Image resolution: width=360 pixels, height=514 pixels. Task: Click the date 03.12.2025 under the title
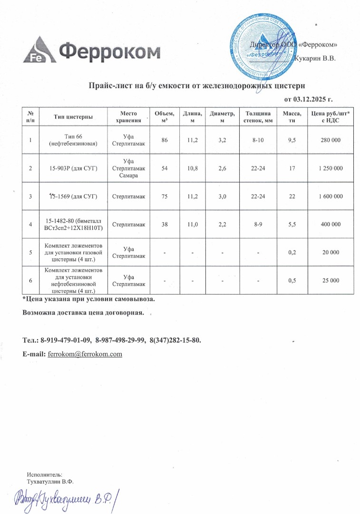(x=308, y=99)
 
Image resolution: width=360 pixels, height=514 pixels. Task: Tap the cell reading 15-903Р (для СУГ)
(x=73, y=168)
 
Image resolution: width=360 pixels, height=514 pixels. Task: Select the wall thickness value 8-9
(x=258, y=224)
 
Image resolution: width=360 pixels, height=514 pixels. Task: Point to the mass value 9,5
(x=292, y=140)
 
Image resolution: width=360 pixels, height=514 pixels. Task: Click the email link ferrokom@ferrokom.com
(x=86, y=354)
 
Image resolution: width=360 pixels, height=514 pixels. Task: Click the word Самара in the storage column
(x=128, y=176)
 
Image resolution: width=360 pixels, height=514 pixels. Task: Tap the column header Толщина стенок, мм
(x=258, y=116)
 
